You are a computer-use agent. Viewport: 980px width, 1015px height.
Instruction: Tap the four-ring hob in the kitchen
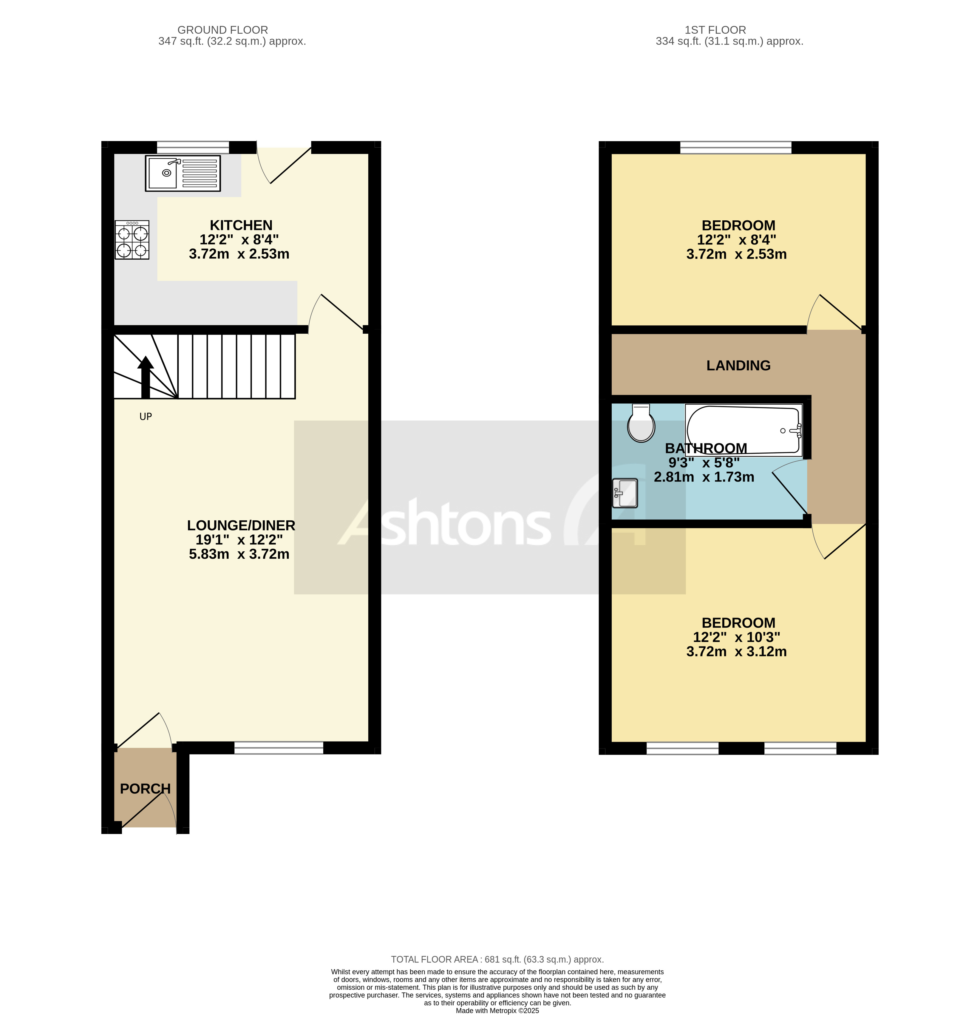click(x=132, y=240)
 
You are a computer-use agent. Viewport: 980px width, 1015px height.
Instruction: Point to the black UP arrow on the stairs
click(x=146, y=377)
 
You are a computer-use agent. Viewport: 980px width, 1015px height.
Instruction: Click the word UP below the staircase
click(x=146, y=416)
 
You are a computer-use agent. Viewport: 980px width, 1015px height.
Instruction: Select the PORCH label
click(x=145, y=789)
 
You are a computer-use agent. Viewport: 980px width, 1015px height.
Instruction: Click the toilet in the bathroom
click(x=641, y=424)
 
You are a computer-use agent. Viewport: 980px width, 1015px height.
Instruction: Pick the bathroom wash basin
click(x=625, y=493)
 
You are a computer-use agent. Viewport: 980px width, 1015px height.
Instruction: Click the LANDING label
click(x=738, y=366)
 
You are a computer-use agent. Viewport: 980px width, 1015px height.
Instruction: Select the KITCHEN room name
click(x=241, y=225)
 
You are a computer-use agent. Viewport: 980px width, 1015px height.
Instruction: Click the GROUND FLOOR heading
click(x=223, y=30)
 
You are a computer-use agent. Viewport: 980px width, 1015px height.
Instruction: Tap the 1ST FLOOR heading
click(x=715, y=30)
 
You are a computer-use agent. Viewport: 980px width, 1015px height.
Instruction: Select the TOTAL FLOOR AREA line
click(x=497, y=960)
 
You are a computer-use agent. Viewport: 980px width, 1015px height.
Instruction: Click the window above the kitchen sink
click(x=193, y=147)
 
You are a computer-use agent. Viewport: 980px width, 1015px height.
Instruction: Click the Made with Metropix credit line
click(x=497, y=1010)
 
